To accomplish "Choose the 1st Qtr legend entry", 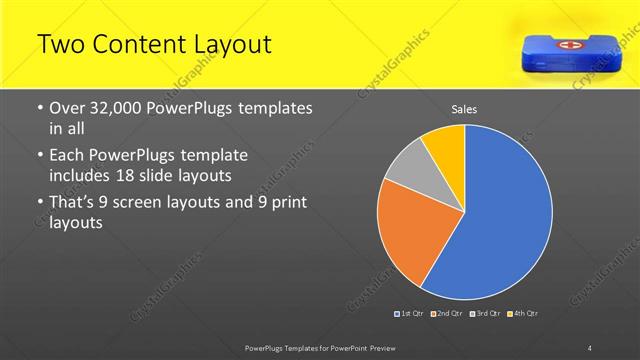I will [x=410, y=314].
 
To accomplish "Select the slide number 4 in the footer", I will [x=589, y=347].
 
